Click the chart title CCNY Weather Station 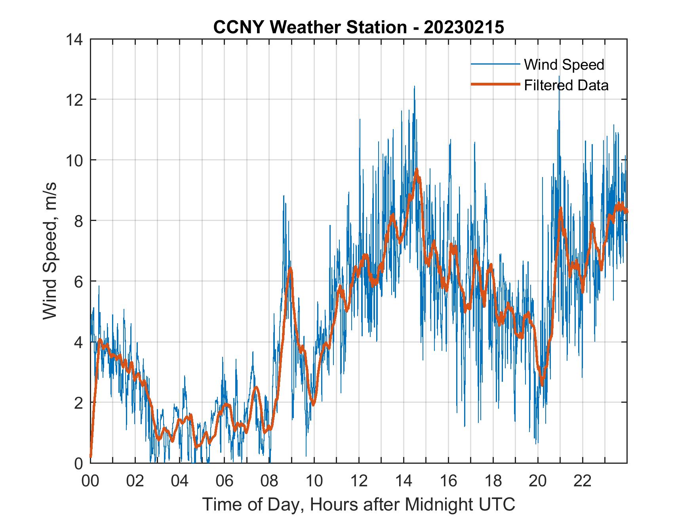(x=358, y=27)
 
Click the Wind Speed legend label (x=564, y=65)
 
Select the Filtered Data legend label (x=566, y=85)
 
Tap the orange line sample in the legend (x=495, y=84)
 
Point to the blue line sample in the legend (x=495, y=64)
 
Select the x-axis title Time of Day (x=358, y=505)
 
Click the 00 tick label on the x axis (x=90, y=481)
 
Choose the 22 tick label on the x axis (x=583, y=481)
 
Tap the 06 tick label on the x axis (x=225, y=481)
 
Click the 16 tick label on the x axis (x=448, y=481)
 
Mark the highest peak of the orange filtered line (x=417, y=170)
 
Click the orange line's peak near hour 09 (x=291, y=269)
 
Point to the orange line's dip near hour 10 (x=313, y=404)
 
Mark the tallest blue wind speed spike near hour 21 (x=559, y=76)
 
